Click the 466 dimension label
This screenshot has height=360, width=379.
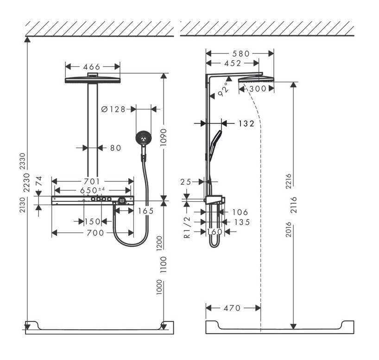pos(93,67)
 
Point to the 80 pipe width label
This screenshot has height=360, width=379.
pos(115,148)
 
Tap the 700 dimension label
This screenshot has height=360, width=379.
pos(95,233)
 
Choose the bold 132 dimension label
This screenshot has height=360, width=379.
pos(246,123)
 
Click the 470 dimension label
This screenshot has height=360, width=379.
pos(232,308)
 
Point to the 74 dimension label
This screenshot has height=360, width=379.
pos(39,181)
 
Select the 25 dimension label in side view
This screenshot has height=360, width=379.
pos(186,182)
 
